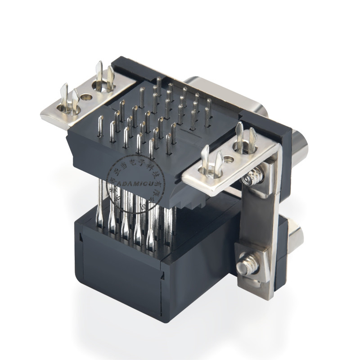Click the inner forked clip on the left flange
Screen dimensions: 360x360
103,76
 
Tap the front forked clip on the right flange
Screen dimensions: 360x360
211,162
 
